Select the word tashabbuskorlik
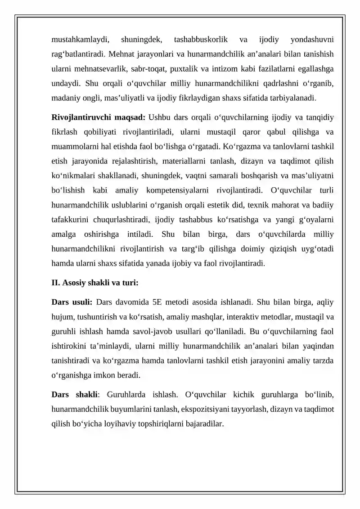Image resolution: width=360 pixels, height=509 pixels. tap(201, 40)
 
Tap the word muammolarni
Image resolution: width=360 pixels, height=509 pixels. tap(73, 146)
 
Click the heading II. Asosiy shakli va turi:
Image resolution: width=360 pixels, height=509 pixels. tap(95, 283)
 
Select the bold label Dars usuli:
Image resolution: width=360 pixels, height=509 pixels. tap(72, 303)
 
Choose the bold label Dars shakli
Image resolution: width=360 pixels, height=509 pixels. tap(75, 395)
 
